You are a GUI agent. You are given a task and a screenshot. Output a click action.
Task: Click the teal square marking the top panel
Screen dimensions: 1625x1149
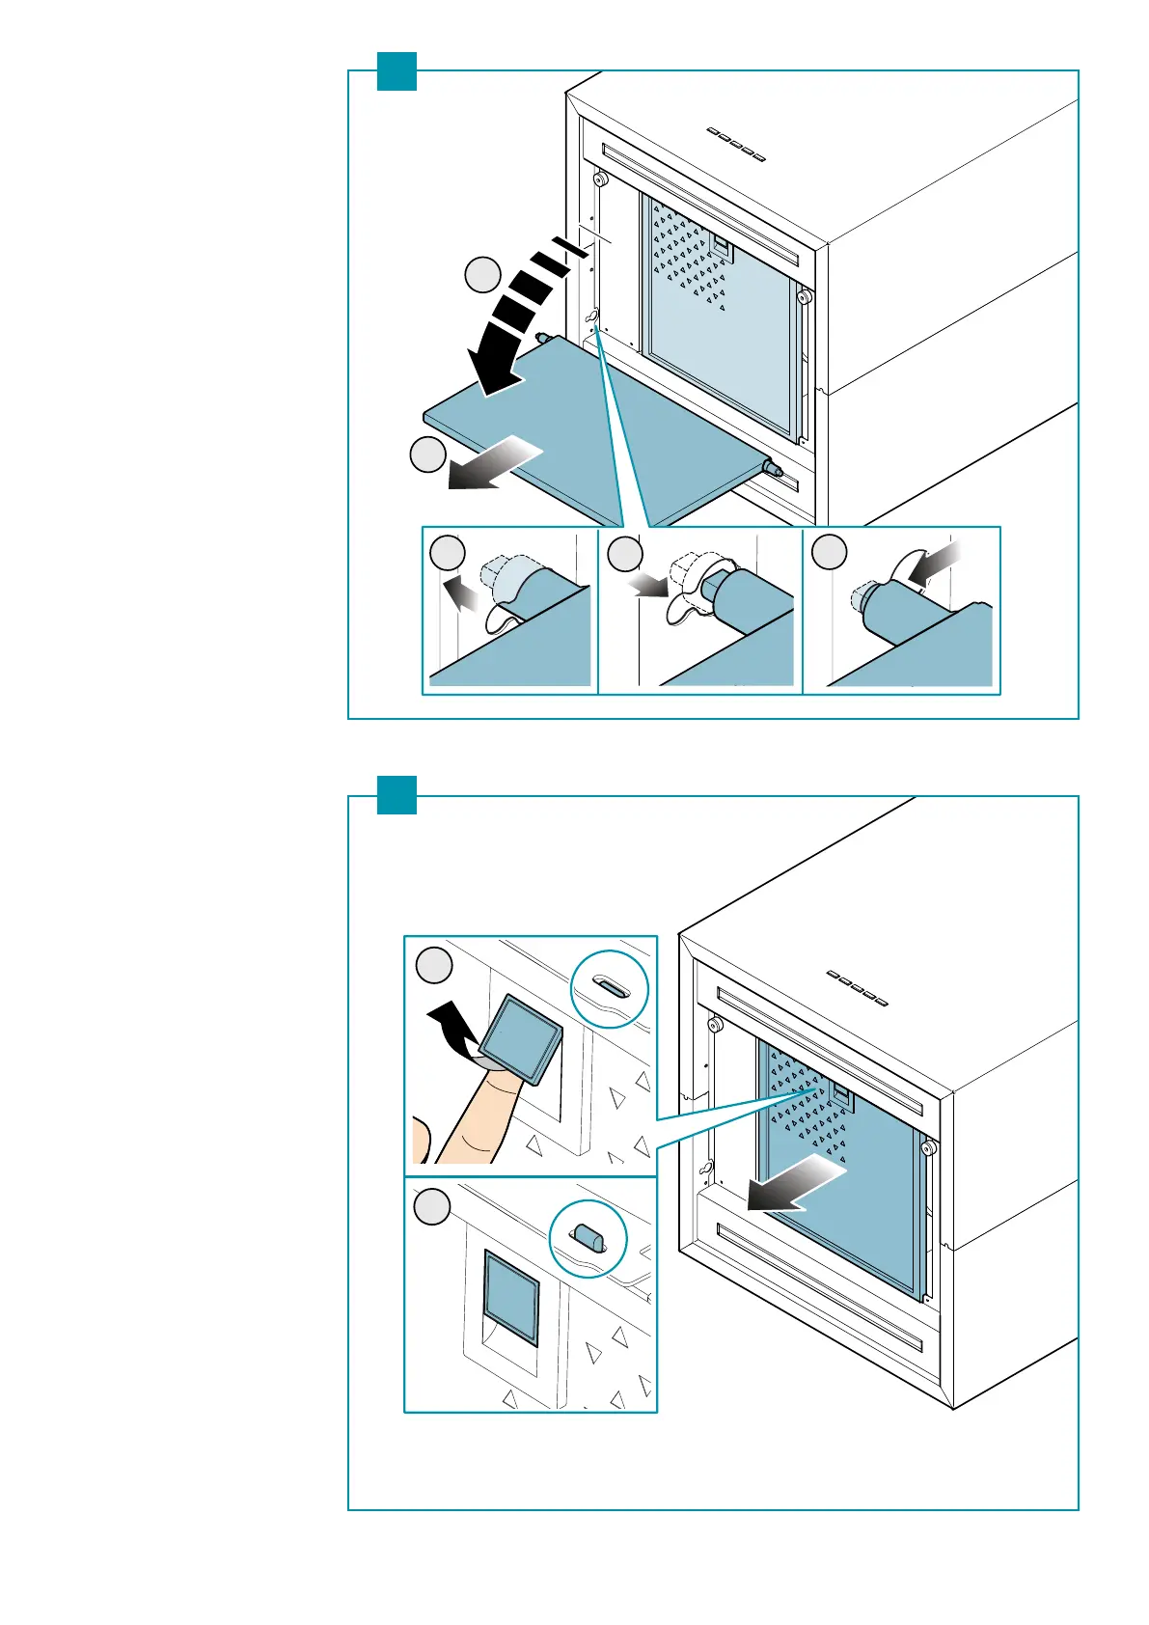tap(397, 71)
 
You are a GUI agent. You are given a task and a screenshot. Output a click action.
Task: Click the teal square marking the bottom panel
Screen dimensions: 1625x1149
tap(397, 795)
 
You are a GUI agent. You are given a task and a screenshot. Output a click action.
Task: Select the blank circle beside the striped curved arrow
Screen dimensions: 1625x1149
tap(482, 275)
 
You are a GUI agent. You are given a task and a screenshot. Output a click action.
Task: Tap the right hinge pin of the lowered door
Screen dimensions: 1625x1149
tap(772, 467)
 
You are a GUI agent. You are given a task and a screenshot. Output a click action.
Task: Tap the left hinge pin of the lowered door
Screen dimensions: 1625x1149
tap(542, 338)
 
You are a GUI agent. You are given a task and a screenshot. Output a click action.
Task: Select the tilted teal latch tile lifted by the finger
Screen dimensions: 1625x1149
tap(521, 1040)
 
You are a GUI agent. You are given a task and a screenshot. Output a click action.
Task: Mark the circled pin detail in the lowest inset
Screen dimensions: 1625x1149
tap(588, 1238)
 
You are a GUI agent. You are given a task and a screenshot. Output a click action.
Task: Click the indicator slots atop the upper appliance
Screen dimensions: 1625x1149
tap(736, 144)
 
